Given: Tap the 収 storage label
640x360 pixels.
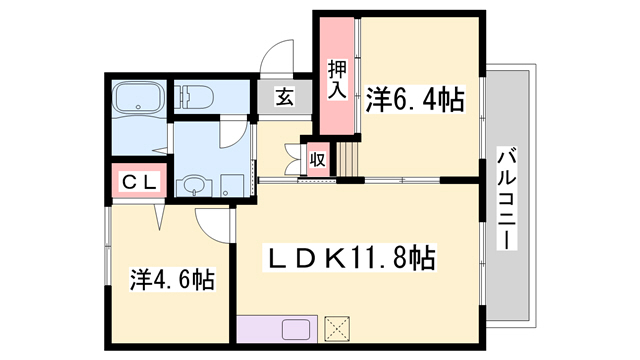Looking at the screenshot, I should tap(317, 158).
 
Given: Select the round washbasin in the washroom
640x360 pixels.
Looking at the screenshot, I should tap(192, 186).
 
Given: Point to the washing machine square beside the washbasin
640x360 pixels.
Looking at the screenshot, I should tap(232, 185).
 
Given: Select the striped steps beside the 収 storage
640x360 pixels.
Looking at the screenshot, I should tap(346, 157).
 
